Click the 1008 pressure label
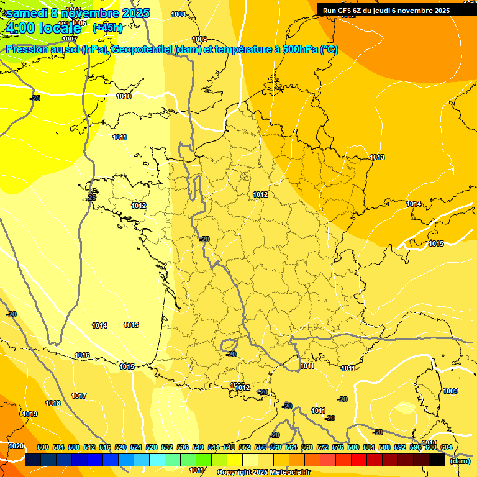(x=178, y=14)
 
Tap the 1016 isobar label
(x=82, y=355)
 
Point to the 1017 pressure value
(x=79, y=396)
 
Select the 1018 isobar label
(x=53, y=403)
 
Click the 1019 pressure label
(x=30, y=414)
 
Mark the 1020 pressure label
(x=16, y=446)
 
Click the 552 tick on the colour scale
(x=245, y=447)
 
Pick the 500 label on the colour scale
(x=43, y=447)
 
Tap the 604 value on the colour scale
(x=447, y=447)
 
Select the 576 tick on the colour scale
(x=338, y=447)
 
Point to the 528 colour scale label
(x=152, y=447)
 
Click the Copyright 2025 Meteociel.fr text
(x=264, y=472)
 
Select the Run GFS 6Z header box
(x=386, y=11)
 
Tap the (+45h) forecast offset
(x=107, y=27)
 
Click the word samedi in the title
(x=26, y=12)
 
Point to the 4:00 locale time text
(x=43, y=27)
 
